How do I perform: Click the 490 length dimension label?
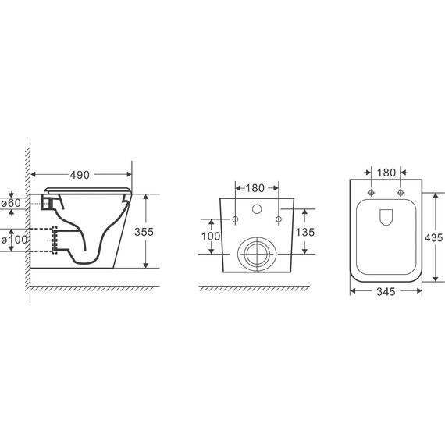click(80, 175)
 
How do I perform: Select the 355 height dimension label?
click(144, 232)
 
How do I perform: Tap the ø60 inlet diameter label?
click(11, 203)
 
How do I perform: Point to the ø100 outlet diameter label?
click(14, 240)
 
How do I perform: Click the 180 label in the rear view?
click(255, 188)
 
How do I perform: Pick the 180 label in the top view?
click(386, 173)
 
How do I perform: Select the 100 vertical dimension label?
click(211, 236)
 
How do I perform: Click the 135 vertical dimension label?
click(305, 232)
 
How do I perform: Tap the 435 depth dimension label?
click(433, 237)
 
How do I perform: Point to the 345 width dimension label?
click(386, 291)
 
